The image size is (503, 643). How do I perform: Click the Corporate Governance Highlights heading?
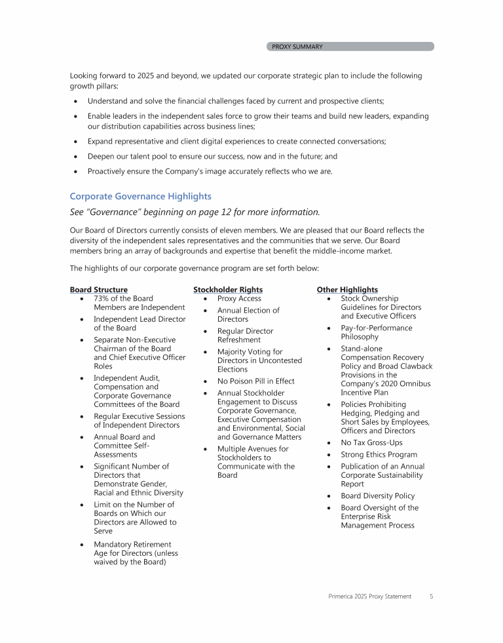point(140,196)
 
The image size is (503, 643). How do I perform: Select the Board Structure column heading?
point(98,290)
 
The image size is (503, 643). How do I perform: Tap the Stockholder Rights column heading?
point(227,290)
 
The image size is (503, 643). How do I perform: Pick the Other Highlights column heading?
point(347,290)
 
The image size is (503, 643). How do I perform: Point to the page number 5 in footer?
point(432,596)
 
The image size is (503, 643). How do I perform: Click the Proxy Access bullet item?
point(239,299)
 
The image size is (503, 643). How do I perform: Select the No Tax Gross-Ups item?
point(371,443)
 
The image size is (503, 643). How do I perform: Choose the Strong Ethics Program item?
point(379,455)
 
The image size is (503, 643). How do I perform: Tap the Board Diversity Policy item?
point(377,496)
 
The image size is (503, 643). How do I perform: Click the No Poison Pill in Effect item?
point(255,381)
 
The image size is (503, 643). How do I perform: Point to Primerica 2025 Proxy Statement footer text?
point(370,596)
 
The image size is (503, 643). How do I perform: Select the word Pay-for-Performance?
point(377,328)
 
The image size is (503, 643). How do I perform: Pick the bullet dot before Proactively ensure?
point(77,172)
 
